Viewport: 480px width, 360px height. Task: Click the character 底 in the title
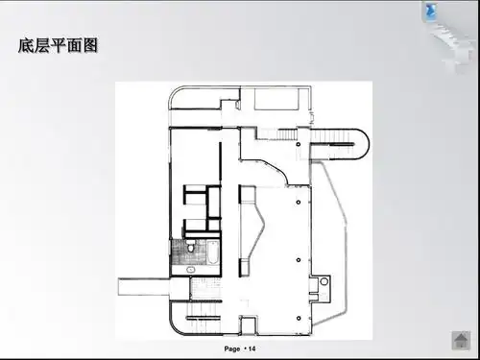[27, 45]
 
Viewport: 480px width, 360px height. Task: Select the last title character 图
[90, 45]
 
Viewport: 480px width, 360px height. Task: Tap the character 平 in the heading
[60, 45]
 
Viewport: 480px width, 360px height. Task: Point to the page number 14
[252, 347]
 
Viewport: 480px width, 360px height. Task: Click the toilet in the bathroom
[190, 249]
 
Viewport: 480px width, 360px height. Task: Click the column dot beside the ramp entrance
[299, 144]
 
